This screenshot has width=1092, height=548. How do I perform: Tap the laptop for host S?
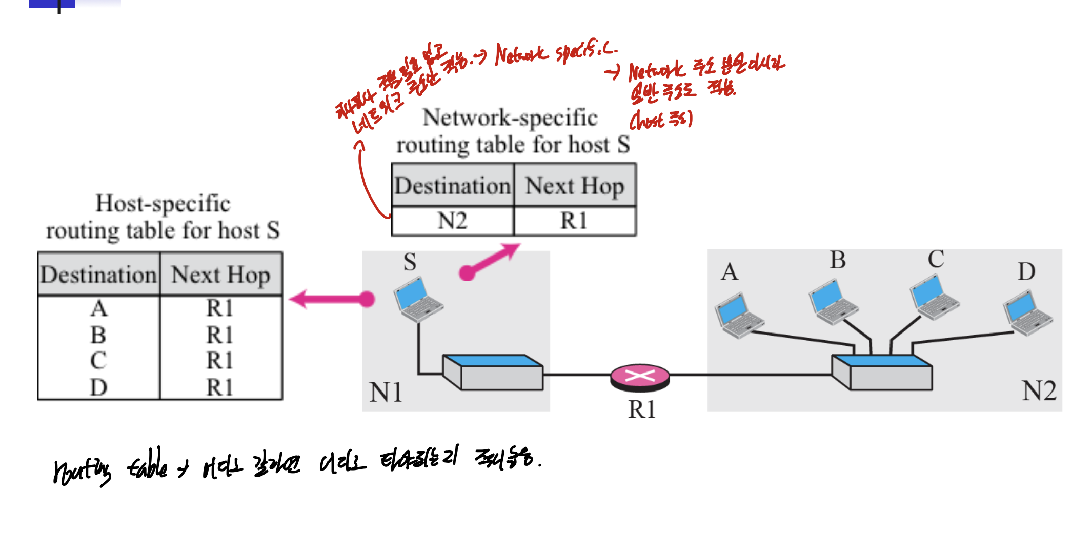click(418, 299)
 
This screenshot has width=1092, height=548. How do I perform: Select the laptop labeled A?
click(739, 315)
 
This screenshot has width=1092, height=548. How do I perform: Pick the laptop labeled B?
click(833, 302)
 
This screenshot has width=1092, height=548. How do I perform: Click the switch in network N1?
click(492, 372)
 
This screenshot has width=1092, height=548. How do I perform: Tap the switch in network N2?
click(882, 372)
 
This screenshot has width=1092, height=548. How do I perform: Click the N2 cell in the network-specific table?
click(452, 221)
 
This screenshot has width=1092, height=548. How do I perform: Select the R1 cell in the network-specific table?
click(574, 221)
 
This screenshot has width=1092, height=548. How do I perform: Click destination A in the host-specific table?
click(98, 308)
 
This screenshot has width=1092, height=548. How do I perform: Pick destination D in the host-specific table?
click(98, 387)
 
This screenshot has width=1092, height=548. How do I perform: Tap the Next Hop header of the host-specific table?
click(220, 275)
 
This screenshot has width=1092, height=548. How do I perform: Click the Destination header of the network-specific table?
click(452, 186)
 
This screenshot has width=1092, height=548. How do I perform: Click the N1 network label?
click(386, 393)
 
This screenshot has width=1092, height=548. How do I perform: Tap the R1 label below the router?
click(642, 409)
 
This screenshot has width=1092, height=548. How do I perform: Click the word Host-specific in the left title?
click(163, 204)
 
